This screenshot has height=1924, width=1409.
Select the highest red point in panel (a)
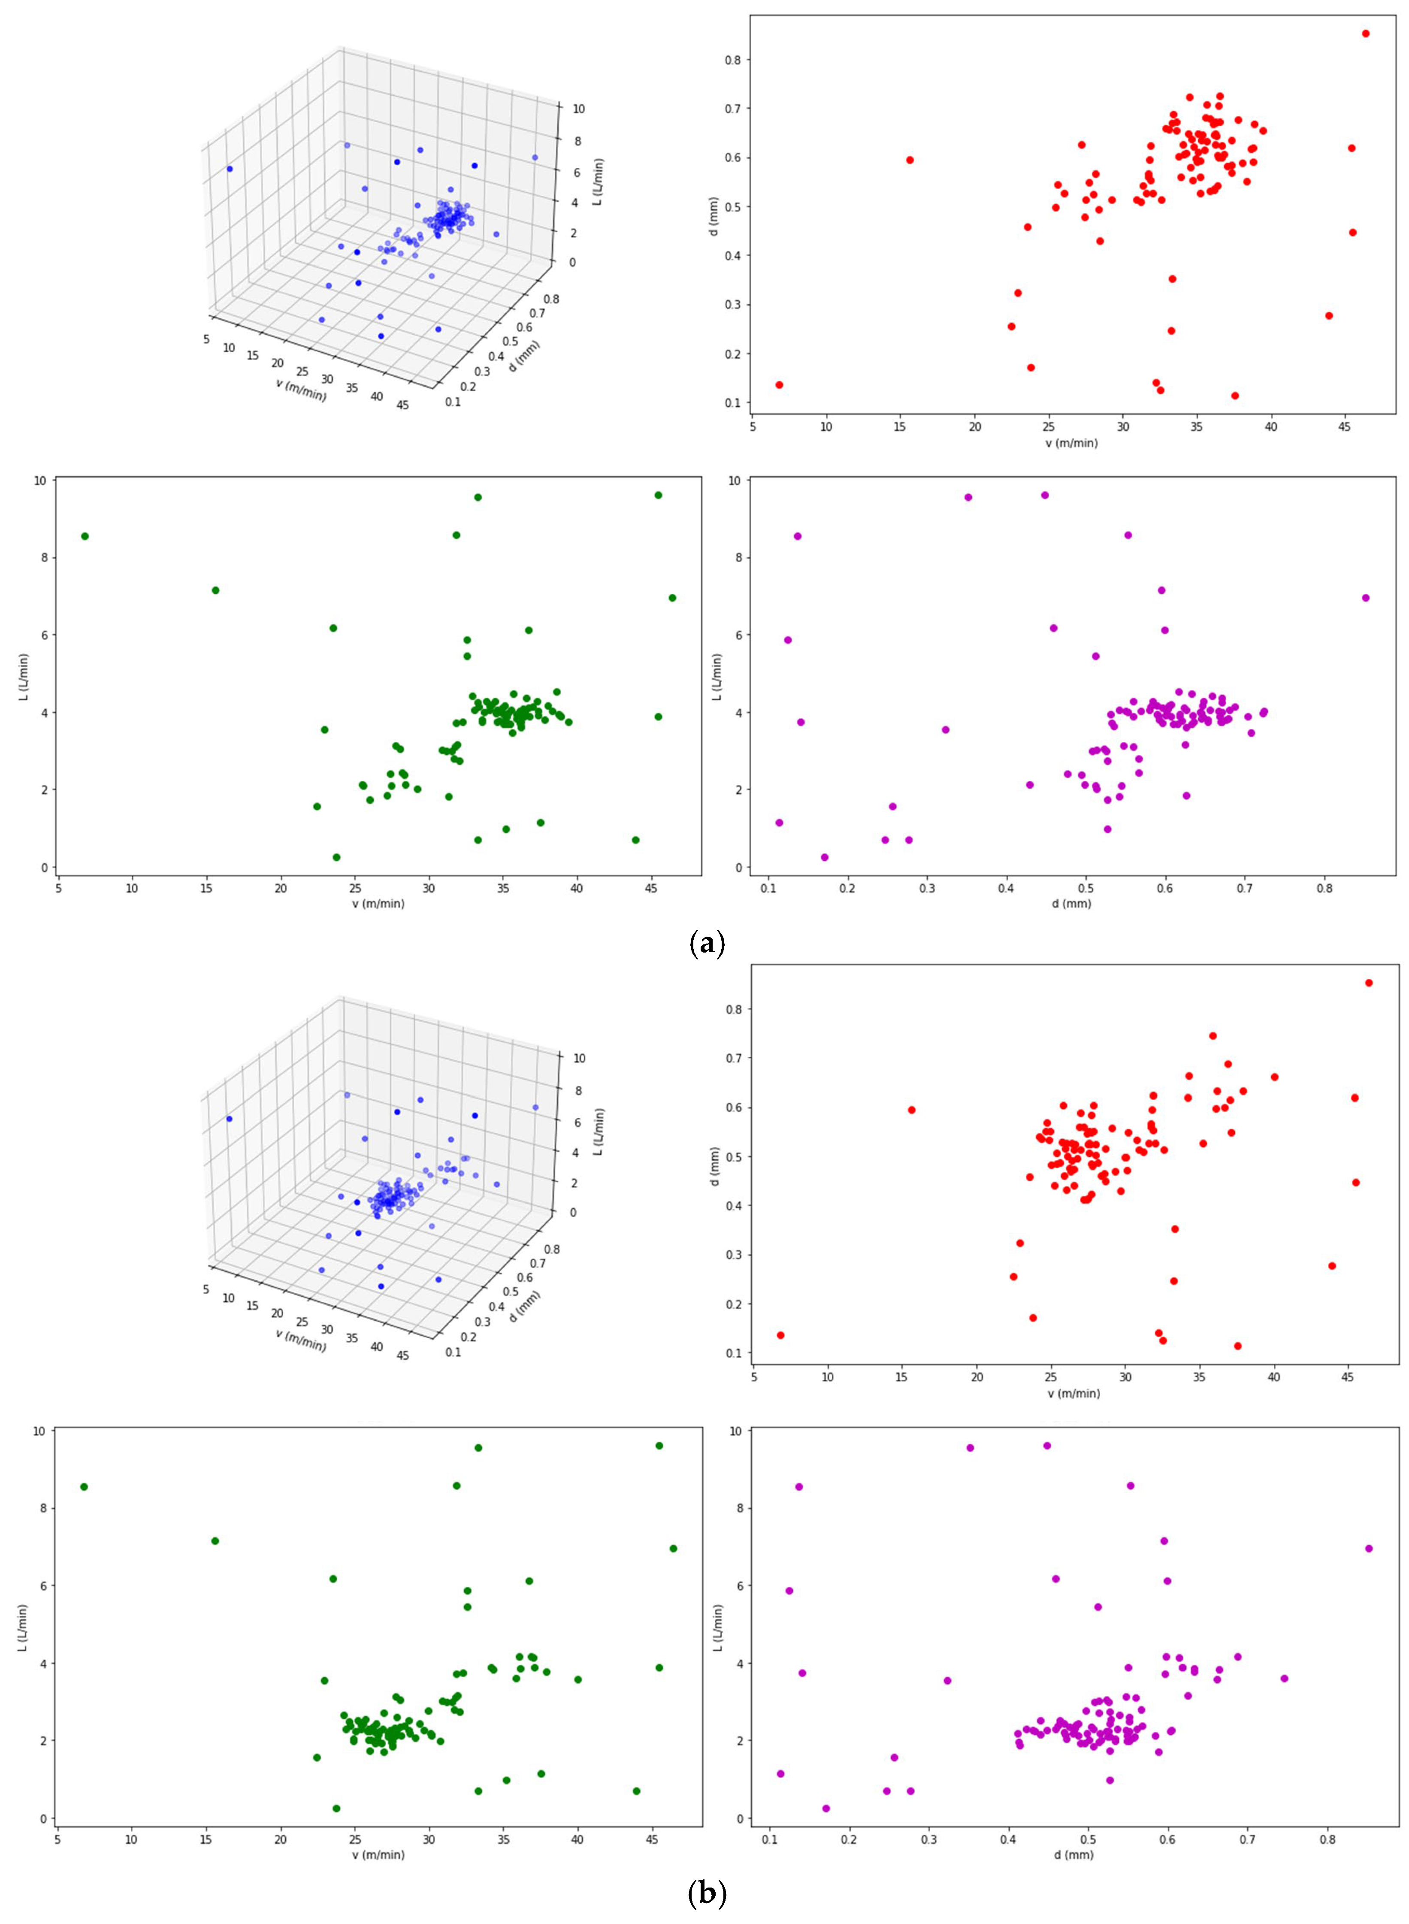click(x=1366, y=33)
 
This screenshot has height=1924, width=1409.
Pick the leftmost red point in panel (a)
click(x=779, y=384)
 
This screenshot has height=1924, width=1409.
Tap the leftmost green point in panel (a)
click(x=85, y=535)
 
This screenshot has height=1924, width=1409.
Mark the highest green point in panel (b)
click(x=659, y=1446)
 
